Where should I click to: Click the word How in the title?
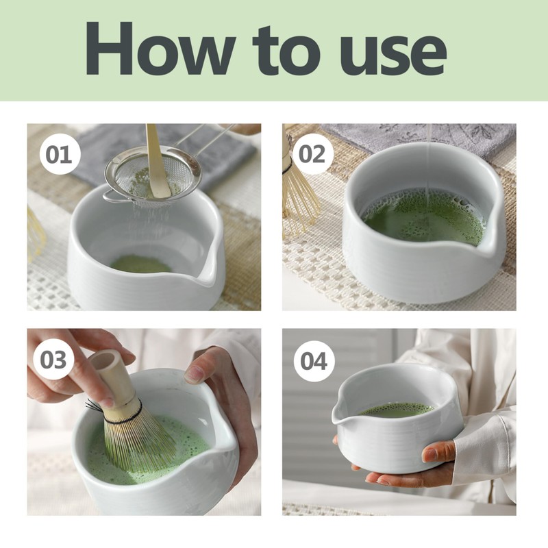(160, 48)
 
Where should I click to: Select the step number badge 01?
(60, 154)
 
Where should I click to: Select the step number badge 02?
(312, 154)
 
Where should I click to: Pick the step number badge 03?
(53, 360)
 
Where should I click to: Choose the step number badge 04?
(314, 361)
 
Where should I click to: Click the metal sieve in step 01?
(153, 178)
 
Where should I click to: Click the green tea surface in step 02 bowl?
(424, 216)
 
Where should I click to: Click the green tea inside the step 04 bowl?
(397, 410)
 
